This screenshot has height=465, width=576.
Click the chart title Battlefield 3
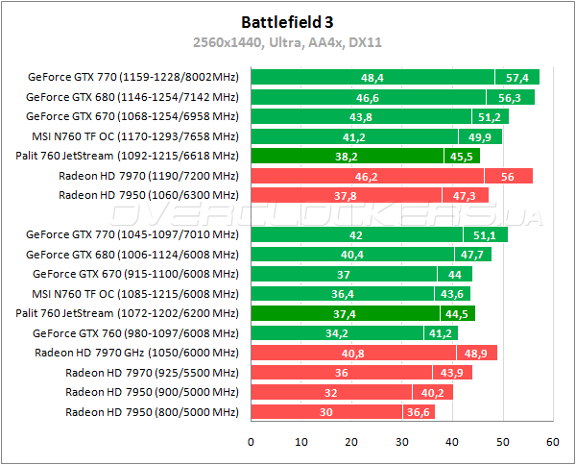tap(288, 19)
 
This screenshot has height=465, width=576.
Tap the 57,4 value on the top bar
tap(517, 77)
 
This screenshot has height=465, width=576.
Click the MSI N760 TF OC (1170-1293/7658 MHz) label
tap(134, 136)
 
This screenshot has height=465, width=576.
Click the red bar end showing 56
tap(509, 176)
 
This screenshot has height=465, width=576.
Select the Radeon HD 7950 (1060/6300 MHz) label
tap(148, 195)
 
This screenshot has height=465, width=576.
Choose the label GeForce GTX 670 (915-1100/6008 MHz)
tap(134, 274)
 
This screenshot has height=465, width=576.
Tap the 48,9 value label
tap(474, 353)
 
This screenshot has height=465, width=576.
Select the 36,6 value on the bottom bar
tap(419, 412)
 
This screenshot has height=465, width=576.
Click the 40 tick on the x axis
tap(452, 442)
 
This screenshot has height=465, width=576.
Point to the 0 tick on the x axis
tap(251, 442)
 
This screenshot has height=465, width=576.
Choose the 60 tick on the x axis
tap(553, 442)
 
